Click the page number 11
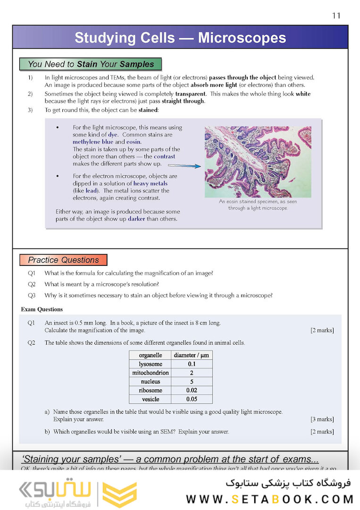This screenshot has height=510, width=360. click(x=336, y=16)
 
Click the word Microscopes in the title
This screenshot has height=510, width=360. click(x=242, y=38)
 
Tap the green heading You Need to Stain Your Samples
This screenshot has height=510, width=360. click(x=91, y=64)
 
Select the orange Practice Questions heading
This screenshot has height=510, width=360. click(x=63, y=260)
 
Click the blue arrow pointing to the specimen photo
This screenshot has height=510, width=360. click(x=184, y=166)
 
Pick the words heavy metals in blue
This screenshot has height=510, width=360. click(x=150, y=183)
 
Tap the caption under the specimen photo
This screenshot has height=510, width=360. click(x=258, y=204)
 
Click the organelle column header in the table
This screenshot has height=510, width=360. click(x=151, y=355)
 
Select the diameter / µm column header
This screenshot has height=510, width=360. click(x=191, y=355)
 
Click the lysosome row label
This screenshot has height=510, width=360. click(x=151, y=364)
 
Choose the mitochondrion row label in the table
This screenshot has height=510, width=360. click(x=151, y=373)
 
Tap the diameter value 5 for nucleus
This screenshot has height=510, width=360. click(x=191, y=382)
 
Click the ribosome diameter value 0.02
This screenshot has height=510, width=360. click(x=191, y=391)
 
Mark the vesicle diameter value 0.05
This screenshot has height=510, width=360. click(x=191, y=399)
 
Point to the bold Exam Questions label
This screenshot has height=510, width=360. click(x=42, y=309)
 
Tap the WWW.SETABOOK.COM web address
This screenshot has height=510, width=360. click(x=269, y=499)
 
